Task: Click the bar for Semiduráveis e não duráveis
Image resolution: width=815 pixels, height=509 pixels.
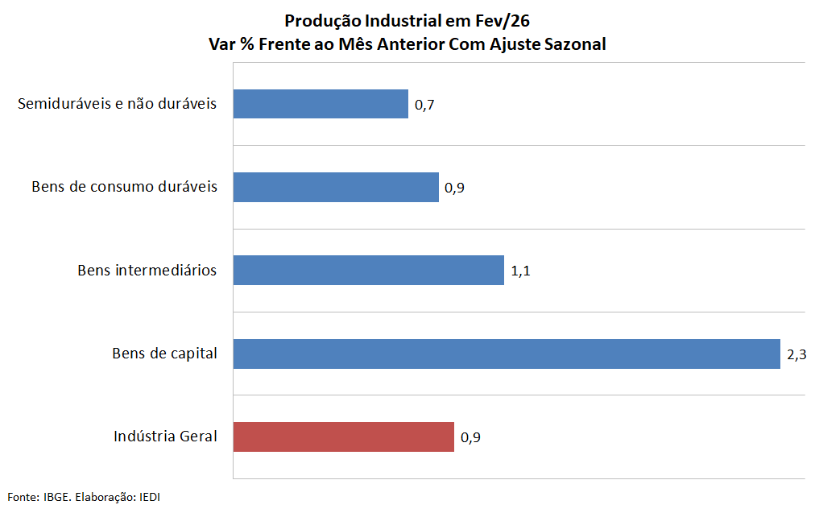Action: pyautogui.click(x=321, y=104)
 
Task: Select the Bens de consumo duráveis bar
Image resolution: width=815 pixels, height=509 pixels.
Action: pyautogui.click(x=336, y=187)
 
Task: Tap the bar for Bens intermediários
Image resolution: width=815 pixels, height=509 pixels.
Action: pyautogui.click(x=368, y=270)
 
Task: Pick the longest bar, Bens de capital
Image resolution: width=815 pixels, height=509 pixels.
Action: pyautogui.click(x=507, y=354)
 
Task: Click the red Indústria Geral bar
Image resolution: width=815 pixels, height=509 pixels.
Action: pyautogui.click(x=343, y=437)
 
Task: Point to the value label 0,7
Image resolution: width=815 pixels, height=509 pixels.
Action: pyautogui.click(x=424, y=105)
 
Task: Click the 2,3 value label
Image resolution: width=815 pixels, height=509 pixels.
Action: pyautogui.click(x=796, y=354)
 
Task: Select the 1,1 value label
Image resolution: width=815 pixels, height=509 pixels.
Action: pyautogui.click(x=520, y=271)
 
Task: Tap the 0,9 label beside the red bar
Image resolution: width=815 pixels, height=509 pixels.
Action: pyautogui.click(x=470, y=438)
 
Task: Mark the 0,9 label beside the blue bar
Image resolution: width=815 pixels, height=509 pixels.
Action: pyautogui.click(x=455, y=188)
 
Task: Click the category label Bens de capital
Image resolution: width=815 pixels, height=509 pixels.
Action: pyautogui.click(x=164, y=353)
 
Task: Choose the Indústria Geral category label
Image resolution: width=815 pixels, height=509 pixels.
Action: pyautogui.click(x=165, y=437)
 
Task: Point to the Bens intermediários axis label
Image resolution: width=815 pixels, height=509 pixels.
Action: pyautogui.click(x=147, y=270)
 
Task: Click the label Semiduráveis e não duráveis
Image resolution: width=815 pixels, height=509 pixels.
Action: pyautogui.click(x=117, y=104)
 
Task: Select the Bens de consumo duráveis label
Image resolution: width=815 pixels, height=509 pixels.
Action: pyautogui.click(x=124, y=187)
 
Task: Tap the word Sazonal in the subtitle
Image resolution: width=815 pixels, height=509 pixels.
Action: pyautogui.click(x=573, y=44)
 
